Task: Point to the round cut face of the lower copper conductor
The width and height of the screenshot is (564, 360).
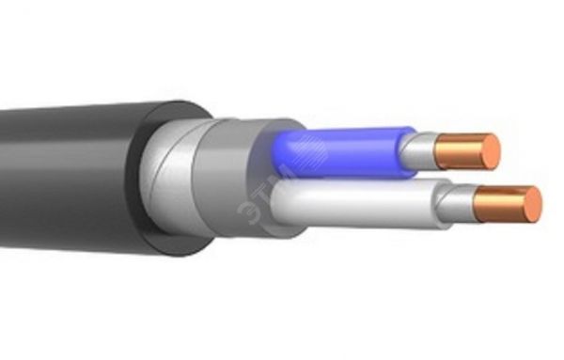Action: click(x=523, y=205)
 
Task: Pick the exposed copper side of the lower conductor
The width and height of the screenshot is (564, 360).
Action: click(x=493, y=202)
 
